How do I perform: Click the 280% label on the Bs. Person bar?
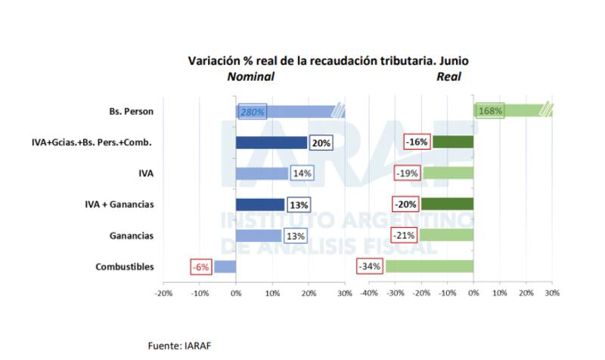(252, 112)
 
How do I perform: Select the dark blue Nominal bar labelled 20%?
(271, 142)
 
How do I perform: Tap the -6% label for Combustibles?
(200, 266)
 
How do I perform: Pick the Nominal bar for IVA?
(262, 173)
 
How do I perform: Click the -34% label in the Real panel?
(370, 266)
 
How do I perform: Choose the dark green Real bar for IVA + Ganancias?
(447, 204)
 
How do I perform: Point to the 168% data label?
(490, 112)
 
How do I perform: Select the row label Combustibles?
(125, 266)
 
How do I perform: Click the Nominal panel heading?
(251, 76)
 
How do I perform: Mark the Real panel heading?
(448, 76)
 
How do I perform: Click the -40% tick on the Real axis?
(368, 293)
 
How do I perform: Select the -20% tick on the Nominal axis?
(163, 293)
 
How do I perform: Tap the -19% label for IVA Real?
(407, 173)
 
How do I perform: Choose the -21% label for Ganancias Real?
(404, 235)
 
